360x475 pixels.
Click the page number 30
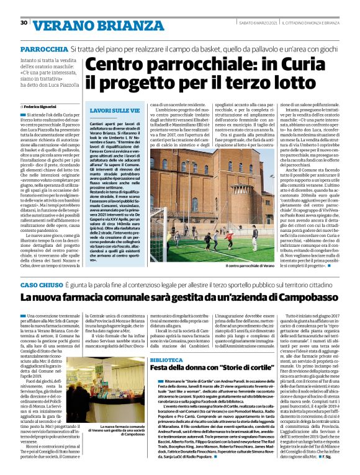click(x=24, y=22)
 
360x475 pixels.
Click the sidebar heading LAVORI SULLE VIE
click(x=110, y=109)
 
